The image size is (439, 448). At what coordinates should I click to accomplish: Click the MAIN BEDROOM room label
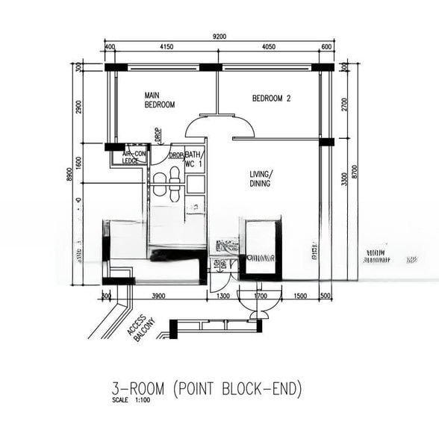point(159,100)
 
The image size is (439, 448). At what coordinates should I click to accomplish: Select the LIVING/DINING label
point(261,178)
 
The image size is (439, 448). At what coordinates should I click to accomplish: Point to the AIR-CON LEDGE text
point(134,157)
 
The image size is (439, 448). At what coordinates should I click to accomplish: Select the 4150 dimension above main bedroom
point(166,47)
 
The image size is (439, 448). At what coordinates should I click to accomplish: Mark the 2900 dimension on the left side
point(78,107)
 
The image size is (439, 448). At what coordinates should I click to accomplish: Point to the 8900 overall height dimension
point(68,173)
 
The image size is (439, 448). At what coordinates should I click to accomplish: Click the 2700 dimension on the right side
point(344,104)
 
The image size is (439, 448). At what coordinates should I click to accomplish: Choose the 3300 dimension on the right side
point(344,181)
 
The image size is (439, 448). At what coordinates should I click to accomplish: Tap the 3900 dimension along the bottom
point(158,296)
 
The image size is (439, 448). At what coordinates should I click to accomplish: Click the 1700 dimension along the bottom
point(260,296)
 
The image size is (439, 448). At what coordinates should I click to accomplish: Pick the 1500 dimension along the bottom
point(299,296)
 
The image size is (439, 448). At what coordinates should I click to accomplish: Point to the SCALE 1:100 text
point(131,401)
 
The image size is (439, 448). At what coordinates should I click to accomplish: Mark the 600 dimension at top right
point(326,47)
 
